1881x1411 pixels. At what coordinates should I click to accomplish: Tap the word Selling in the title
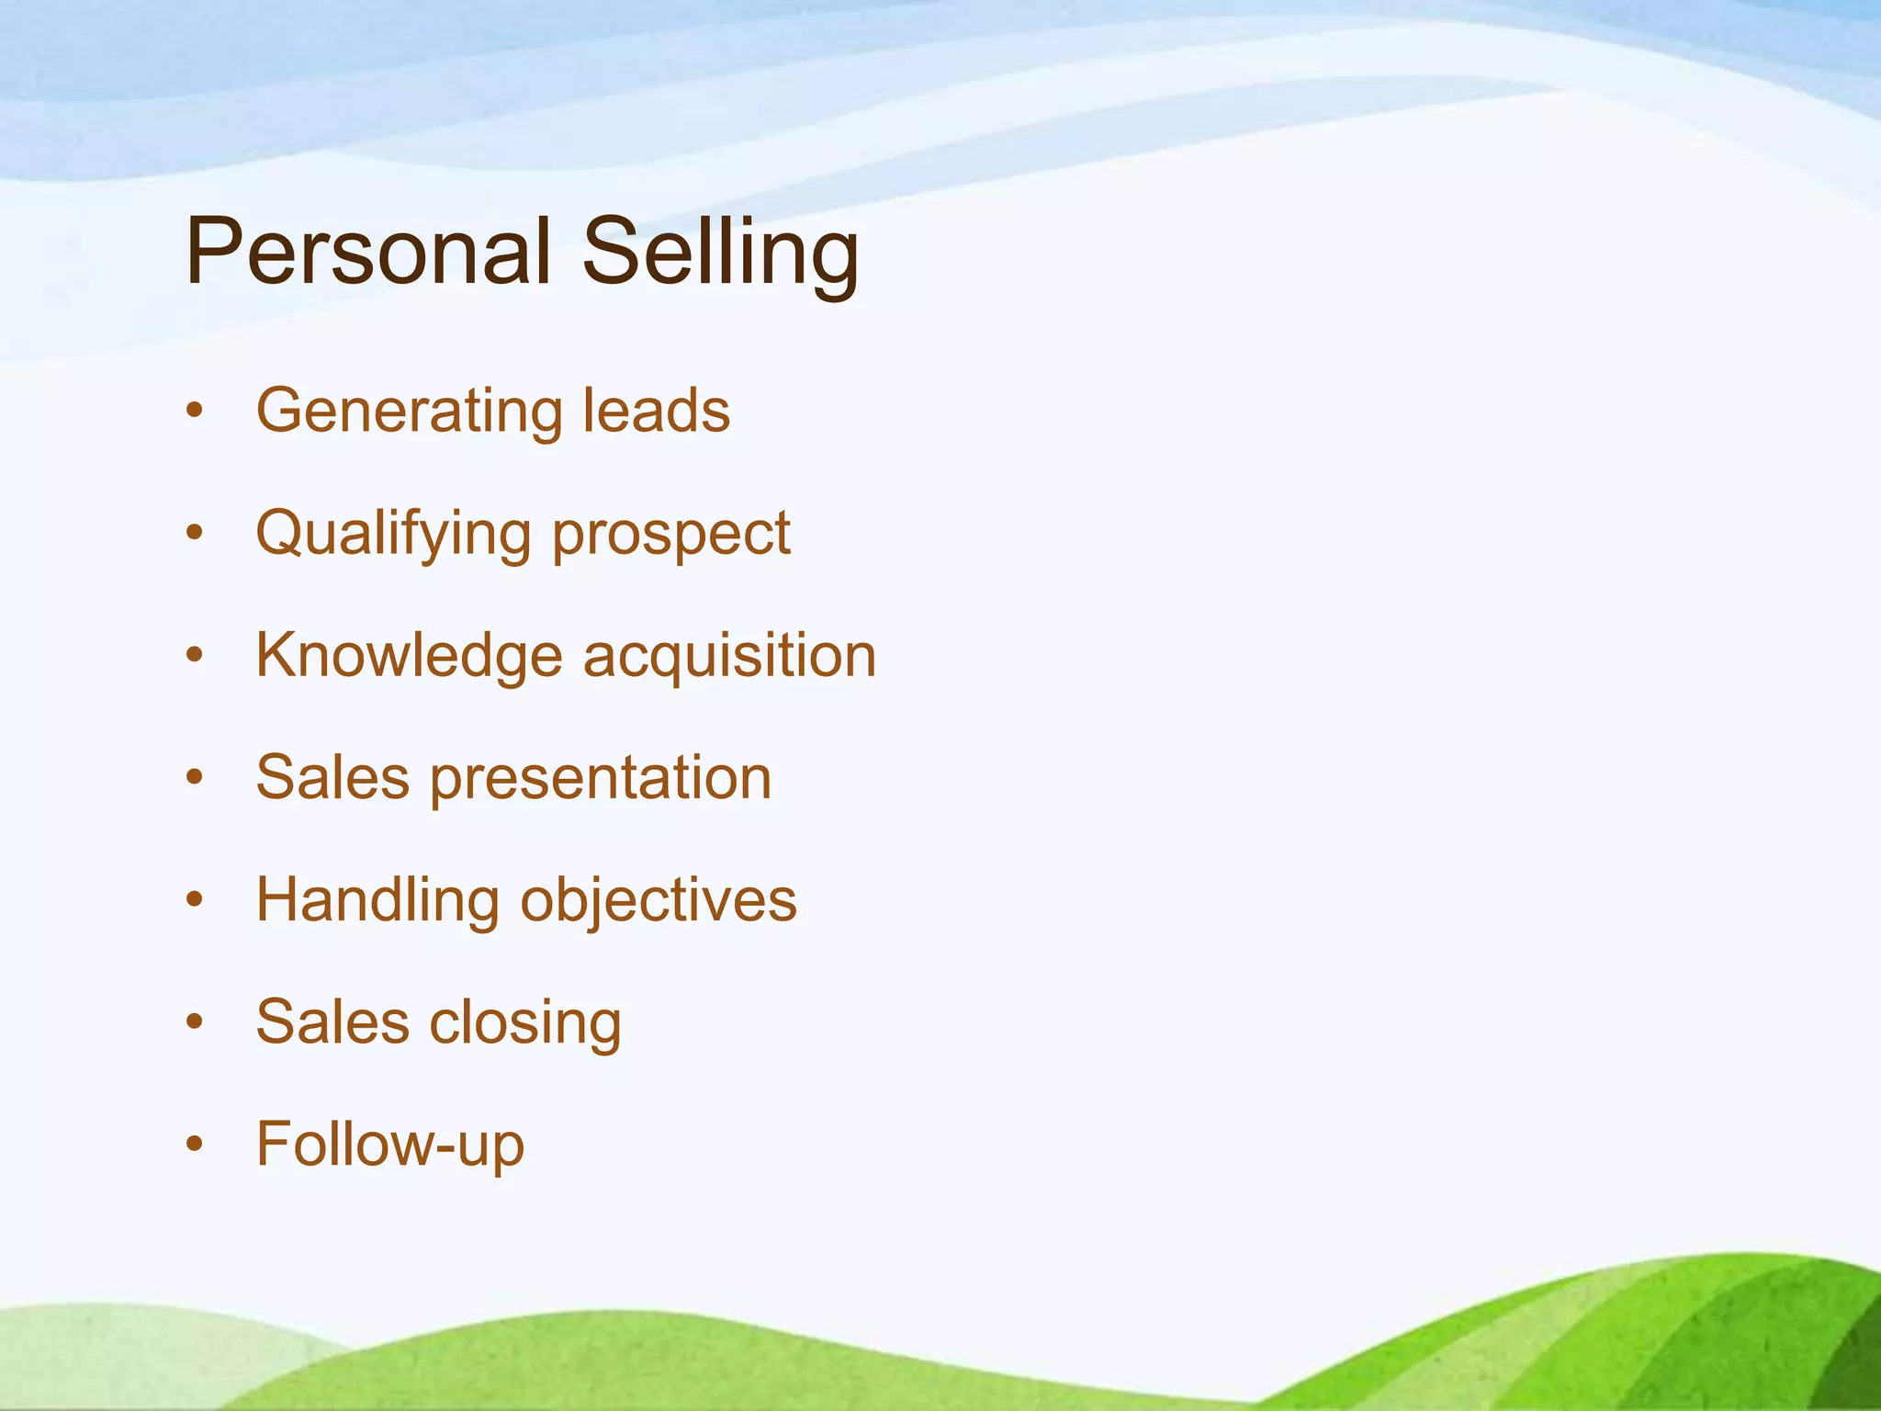click(x=721, y=253)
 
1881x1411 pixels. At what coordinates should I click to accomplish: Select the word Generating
click(x=409, y=411)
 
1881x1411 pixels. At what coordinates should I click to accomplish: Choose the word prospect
click(x=671, y=536)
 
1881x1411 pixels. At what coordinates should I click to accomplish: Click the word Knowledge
click(x=409, y=656)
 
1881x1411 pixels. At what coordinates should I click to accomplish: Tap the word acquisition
click(x=730, y=656)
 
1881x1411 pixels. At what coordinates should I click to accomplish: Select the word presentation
click(x=601, y=779)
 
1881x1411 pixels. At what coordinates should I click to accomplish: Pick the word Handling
click(x=377, y=900)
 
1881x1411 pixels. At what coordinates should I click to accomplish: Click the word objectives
click(x=659, y=900)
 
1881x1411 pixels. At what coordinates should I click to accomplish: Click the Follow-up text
click(x=390, y=1145)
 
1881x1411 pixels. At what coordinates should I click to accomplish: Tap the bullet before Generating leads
click(x=194, y=411)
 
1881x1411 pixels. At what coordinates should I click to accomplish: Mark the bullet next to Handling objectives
click(x=194, y=900)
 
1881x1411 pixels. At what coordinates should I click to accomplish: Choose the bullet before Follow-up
click(x=194, y=1145)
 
